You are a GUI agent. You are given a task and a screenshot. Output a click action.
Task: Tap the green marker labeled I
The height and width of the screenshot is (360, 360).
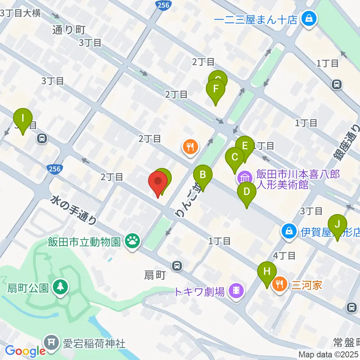23,118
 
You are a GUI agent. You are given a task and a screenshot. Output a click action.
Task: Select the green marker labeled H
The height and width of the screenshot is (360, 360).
267,271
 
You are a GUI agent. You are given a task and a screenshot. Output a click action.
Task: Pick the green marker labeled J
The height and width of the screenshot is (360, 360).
337,224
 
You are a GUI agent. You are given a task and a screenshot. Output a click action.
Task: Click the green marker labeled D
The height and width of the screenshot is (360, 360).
247,192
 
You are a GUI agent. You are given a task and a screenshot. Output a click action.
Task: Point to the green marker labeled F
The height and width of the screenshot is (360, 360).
216,90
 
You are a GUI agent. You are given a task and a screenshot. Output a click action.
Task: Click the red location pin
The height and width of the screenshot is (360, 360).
158,181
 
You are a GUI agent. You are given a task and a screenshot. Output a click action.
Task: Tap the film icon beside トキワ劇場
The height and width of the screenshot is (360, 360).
236,290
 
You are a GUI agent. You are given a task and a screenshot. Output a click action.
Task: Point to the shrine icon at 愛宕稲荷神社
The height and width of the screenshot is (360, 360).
50,342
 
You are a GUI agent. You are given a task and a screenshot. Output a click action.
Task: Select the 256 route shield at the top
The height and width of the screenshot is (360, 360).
163,5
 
